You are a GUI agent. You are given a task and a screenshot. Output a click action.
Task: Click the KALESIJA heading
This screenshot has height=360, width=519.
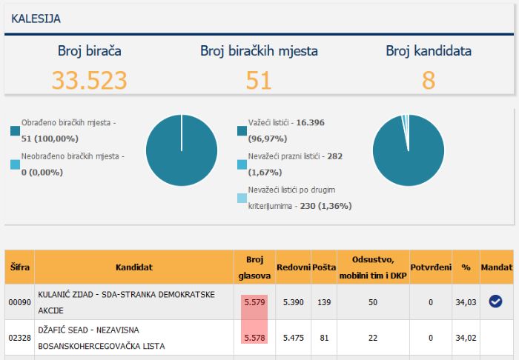click(x=36, y=19)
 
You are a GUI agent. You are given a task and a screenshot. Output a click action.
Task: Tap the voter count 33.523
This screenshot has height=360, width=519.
click(x=90, y=80)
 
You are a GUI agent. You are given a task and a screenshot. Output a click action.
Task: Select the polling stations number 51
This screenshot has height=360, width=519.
click(x=259, y=80)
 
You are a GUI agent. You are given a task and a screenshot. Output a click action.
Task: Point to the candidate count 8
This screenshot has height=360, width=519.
click(x=429, y=80)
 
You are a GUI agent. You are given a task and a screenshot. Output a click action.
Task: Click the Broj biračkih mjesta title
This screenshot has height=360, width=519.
click(x=259, y=51)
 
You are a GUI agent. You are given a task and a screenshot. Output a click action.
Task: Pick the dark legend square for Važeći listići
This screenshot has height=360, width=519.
click(x=242, y=131)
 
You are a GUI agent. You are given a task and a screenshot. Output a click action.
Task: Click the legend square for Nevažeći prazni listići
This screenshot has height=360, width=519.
click(x=242, y=164)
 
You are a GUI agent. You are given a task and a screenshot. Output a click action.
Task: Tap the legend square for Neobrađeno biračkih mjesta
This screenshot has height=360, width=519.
click(x=16, y=164)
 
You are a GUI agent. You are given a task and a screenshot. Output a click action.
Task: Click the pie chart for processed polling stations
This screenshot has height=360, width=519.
click(x=182, y=150)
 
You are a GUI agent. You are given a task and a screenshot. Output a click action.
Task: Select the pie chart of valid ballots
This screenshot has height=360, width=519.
click(x=409, y=150)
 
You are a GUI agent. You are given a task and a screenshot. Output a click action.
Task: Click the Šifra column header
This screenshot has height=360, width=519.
click(x=19, y=267)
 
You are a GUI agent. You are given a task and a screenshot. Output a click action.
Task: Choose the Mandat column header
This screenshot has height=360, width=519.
click(x=497, y=267)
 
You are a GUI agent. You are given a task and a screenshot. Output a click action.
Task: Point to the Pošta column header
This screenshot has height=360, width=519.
click(x=324, y=267)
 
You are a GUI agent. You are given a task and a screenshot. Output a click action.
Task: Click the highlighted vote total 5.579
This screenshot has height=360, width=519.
click(x=254, y=302)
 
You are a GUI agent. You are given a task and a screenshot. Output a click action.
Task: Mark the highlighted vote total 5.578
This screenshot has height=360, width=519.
click(x=254, y=338)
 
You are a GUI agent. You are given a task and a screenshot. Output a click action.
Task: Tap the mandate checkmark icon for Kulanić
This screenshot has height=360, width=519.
click(x=495, y=301)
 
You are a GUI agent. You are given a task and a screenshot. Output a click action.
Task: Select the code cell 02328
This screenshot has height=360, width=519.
click(x=19, y=338)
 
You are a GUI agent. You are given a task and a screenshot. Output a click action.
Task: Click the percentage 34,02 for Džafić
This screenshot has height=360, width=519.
click(x=466, y=338)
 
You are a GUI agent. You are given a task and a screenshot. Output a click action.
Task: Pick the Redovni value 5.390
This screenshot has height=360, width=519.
click(x=294, y=302)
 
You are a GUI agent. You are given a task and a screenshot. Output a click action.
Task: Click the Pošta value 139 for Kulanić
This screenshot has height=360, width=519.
click(x=324, y=302)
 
